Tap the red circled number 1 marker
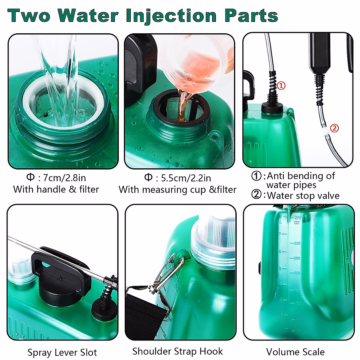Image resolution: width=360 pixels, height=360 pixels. [281, 86]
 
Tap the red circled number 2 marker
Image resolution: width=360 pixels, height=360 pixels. [334, 128]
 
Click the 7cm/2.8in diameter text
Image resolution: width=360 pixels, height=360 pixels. [64, 178]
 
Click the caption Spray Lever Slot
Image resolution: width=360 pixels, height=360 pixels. [62, 352]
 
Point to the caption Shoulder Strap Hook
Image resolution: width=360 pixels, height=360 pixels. [178, 351]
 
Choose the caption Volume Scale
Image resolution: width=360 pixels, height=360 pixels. [295, 352]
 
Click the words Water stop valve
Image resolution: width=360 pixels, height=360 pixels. [303, 196]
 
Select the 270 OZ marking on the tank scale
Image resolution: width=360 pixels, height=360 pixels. [297, 220]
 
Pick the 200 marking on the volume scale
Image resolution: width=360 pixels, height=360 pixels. [297, 258]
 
